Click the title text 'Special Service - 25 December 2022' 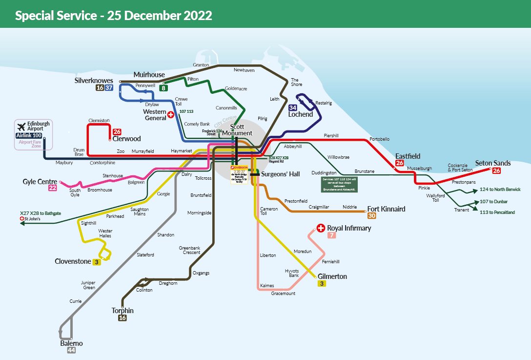(113, 15)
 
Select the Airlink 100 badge (29, 135)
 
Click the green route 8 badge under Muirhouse (164, 88)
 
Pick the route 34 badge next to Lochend (293, 107)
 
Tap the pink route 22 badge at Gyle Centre (52, 188)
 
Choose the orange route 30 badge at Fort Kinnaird (372, 215)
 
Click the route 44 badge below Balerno (71, 350)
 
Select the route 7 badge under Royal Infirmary (332, 235)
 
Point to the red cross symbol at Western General (171, 115)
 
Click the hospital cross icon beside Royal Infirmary (321, 228)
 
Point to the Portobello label (380, 139)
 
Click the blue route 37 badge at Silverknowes (109, 88)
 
